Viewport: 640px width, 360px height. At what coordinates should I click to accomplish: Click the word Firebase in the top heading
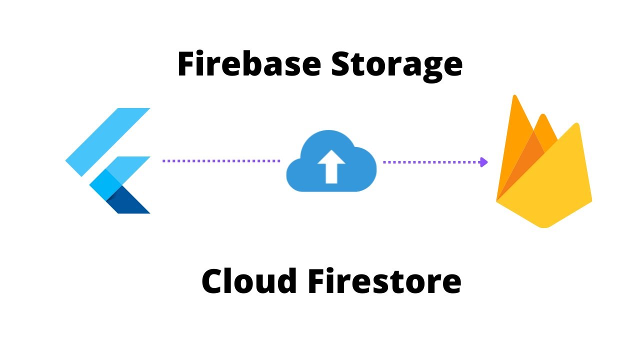(x=248, y=64)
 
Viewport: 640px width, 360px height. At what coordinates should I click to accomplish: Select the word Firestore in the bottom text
(x=384, y=281)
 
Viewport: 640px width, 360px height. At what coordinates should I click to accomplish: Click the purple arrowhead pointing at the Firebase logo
(x=483, y=162)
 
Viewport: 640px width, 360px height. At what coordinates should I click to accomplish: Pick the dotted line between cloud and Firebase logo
(x=430, y=162)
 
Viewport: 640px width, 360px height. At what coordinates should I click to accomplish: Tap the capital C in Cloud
(x=214, y=281)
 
